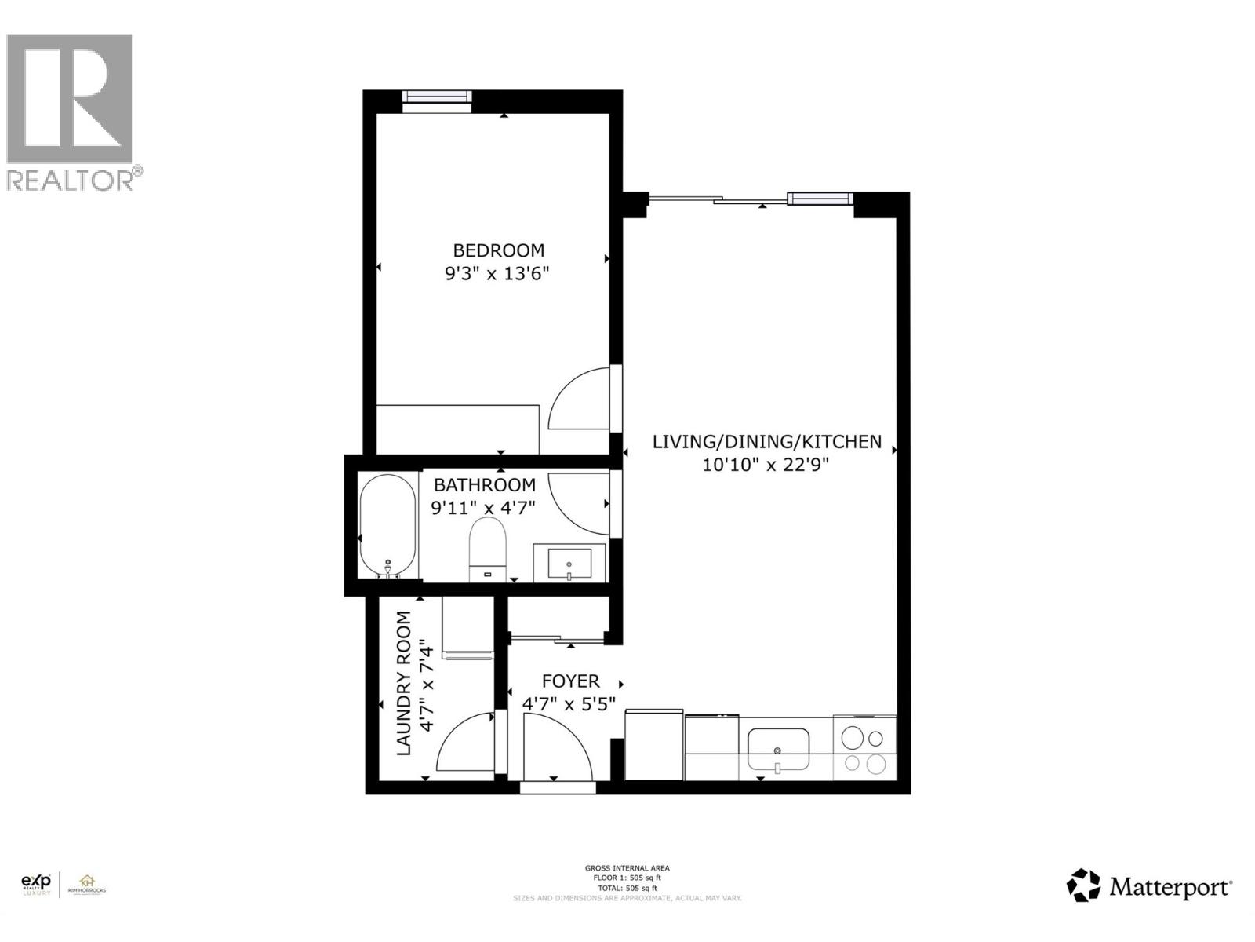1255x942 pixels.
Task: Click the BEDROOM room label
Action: point(498,250)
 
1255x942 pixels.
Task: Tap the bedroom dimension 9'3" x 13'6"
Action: point(498,274)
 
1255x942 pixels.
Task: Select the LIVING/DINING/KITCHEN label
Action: point(766,442)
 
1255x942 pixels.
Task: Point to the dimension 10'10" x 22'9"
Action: point(766,465)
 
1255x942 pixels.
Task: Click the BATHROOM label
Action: point(485,485)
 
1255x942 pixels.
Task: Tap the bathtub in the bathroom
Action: point(387,525)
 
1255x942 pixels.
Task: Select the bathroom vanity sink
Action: point(569,563)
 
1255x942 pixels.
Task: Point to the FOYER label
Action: point(570,681)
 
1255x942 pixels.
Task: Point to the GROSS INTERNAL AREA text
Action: point(627,868)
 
